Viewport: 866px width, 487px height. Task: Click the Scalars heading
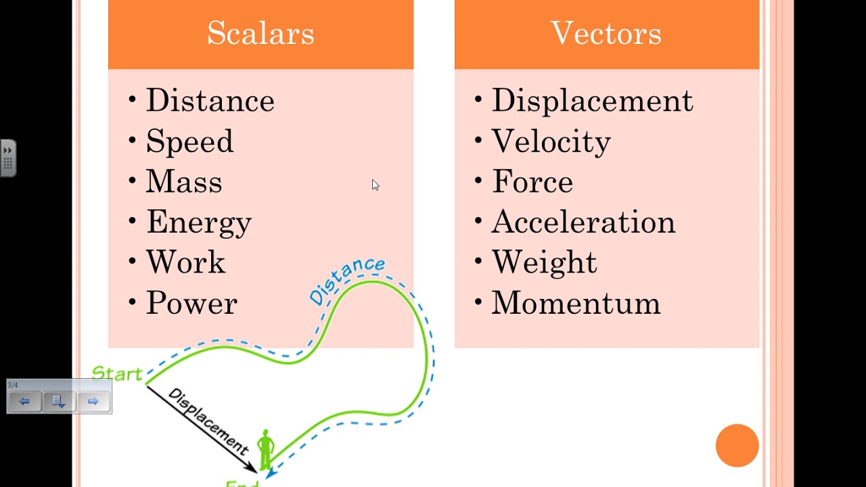pos(260,33)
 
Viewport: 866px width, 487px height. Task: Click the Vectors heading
pos(606,33)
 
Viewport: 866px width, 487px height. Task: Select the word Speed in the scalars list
pos(189,141)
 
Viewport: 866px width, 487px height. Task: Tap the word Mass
pos(184,182)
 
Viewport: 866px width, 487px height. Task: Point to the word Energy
pos(199,223)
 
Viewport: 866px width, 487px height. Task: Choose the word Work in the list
pos(185,262)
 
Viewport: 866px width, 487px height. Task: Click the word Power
pos(191,303)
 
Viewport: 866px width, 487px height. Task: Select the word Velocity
pos(551,141)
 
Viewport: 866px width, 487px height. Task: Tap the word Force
pos(532,182)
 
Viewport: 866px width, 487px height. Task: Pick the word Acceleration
pos(583,223)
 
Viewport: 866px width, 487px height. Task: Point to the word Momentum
pos(576,303)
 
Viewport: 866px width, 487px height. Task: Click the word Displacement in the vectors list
pos(592,101)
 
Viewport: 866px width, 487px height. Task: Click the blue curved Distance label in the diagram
pos(346,279)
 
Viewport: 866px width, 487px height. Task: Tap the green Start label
pos(117,373)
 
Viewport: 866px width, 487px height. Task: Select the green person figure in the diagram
pos(265,447)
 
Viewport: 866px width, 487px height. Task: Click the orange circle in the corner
pos(737,445)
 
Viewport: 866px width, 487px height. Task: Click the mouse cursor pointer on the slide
pos(375,185)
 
